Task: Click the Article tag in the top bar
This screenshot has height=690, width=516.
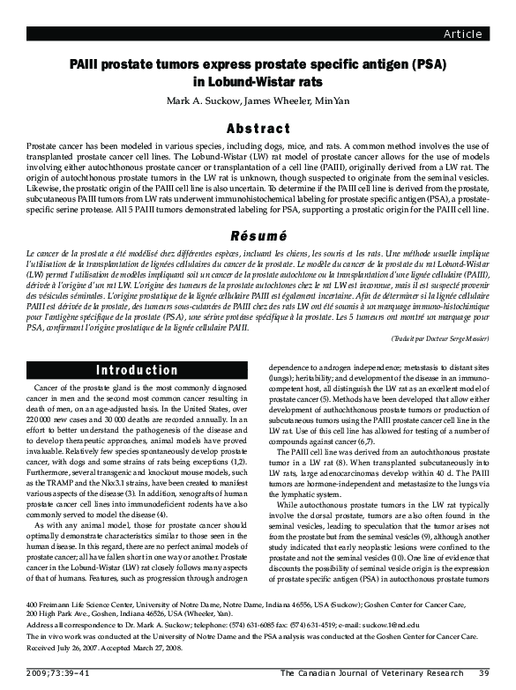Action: (462, 34)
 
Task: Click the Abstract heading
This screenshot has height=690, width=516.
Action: (258, 129)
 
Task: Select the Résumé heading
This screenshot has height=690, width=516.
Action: (258, 236)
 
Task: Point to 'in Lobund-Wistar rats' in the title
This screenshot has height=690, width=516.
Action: (258, 83)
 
